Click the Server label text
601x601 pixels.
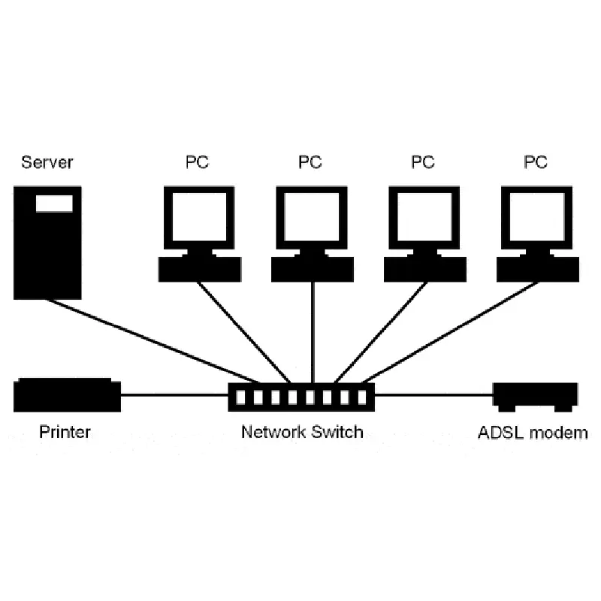pyautogui.click(x=47, y=162)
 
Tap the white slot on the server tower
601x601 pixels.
pyautogui.click(x=54, y=203)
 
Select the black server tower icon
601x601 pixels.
pyautogui.click(x=47, y=243)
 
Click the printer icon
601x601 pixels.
pyautogui.click(x=67, y=395)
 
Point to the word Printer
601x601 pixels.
pyautogui.click(x=65, y=432)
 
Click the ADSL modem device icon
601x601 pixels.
pyautogui.click(x=535, y=397)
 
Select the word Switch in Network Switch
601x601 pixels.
pyautogui.click(x=337, y=432)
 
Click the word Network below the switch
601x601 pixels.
pyautogui.click(x=273, y=432)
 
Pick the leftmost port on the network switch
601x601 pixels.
pyautogui.click(x=240, y=397)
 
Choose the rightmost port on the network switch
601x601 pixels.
pyautogui.click(x=362, y=397)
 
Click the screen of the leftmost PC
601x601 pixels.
pyautogui.click(x=199, y=216)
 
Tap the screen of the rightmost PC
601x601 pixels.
pyautogui.click(x=536, y=216)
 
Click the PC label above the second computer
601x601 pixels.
pyautogui.click(x=310, y=162)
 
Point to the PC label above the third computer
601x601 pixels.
pyautogui.click(x=423, y=162)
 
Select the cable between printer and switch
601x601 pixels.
pyautogui.click(x=174, y=394)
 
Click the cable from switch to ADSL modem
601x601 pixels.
pyautogui.click(x=433, y=394)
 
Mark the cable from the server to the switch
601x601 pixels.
pyautogui.click(x=153, y=341)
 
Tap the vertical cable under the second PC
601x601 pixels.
pyautogui.click(x=313, y=332)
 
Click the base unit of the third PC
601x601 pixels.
pyautogui.click(x=425, y=269)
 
